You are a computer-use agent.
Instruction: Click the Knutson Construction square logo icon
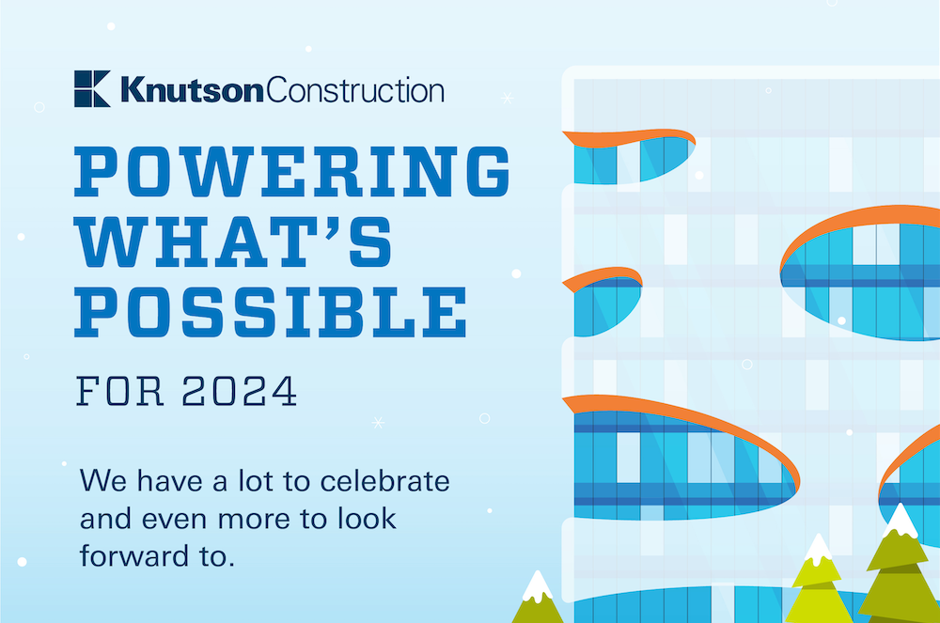[x=92, y=88]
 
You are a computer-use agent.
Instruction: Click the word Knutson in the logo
[x=192, y=90]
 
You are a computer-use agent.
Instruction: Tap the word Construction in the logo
[x=355, y=90]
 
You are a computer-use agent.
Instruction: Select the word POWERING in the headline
[x=292, y=171]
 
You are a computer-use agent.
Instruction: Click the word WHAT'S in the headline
[x=233, y=242]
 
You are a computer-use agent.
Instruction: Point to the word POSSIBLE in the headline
[x=271, y=312]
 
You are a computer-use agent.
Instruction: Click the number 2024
[x=239, y=391]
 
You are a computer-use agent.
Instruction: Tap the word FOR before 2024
[x=120, y=391]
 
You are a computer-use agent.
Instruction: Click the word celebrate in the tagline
[x=384, y=481]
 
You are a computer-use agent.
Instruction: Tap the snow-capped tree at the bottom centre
[x=537, y=598]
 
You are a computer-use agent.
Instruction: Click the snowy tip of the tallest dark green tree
[x=900, y=519]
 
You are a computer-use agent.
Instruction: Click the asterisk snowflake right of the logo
[x=508, y=98]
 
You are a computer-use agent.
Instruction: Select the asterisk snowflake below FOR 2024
[x=378, y=422]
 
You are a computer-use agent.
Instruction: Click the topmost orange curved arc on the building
[x=630, y=137]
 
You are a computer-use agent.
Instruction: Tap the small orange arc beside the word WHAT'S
[x=603, y=277]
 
